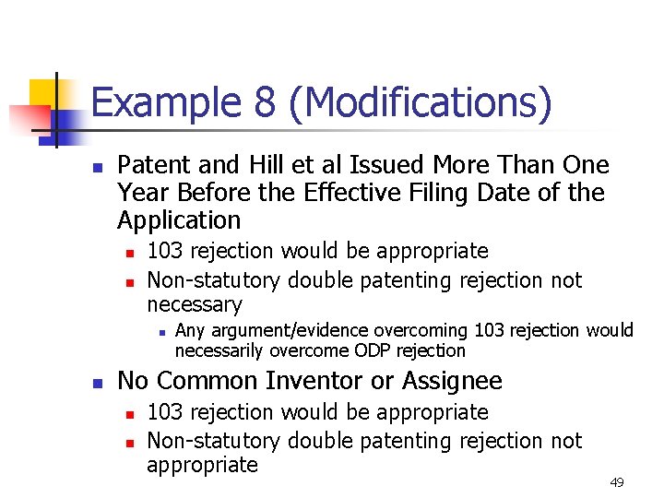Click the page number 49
(x=616, y=482)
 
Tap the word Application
(x=179, y=221)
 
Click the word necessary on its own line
(x=194, y=305)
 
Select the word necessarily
(x=219, y=350)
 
